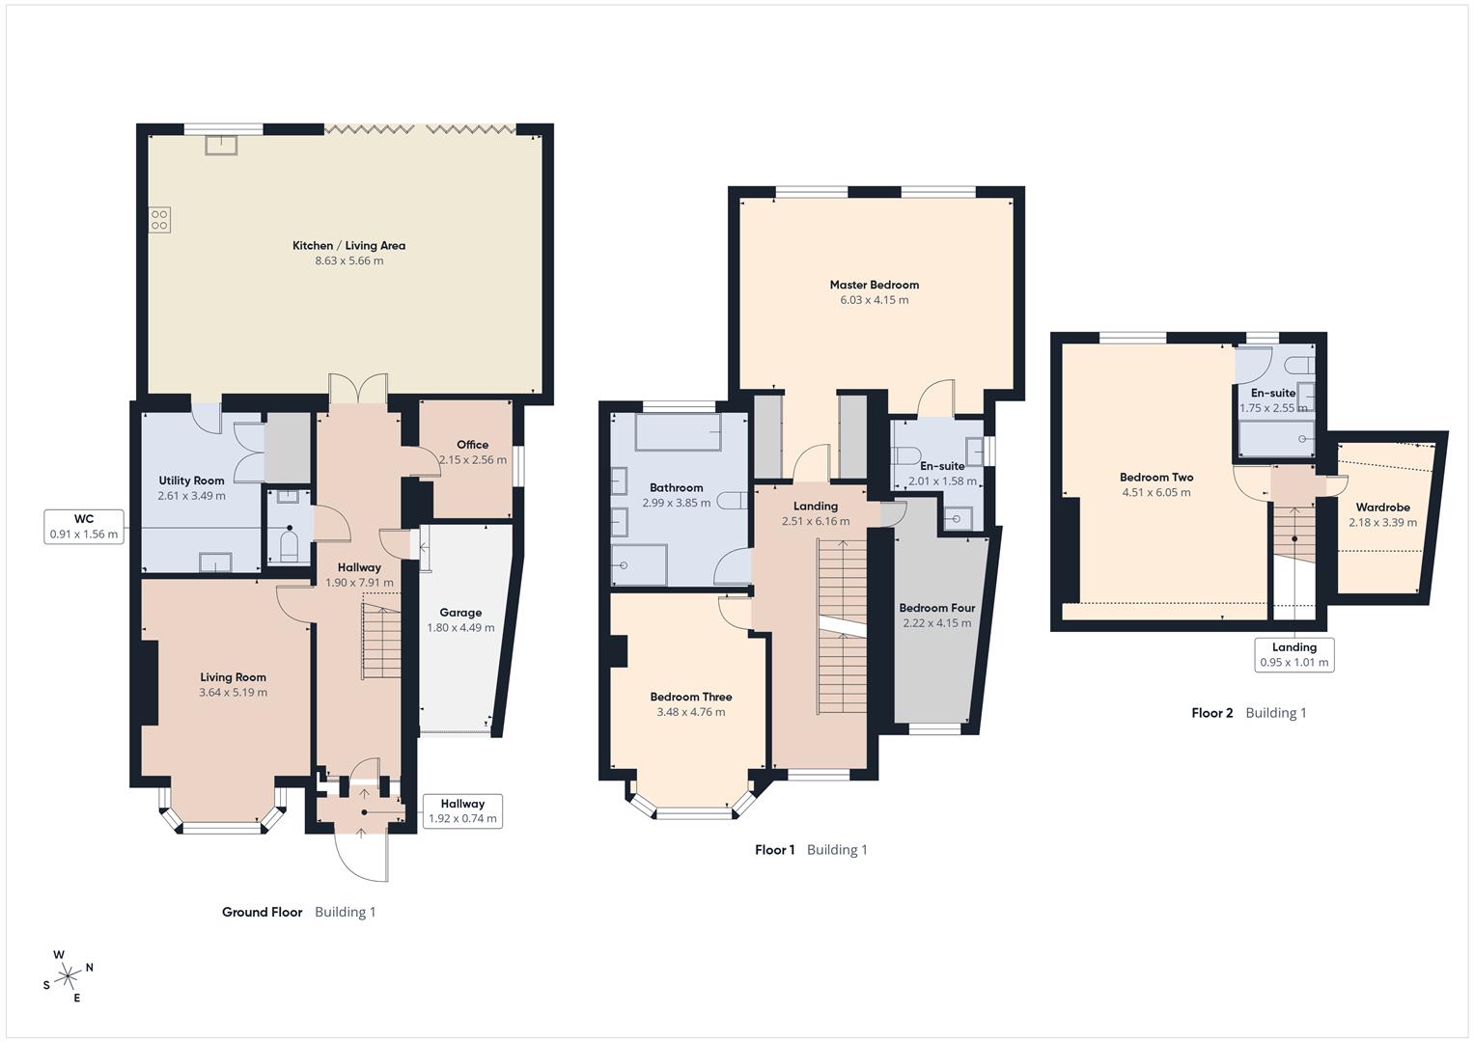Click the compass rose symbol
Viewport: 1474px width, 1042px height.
pos(68,976)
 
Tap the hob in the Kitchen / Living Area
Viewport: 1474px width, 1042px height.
pos(159,219)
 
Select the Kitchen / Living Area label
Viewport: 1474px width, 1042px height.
pos(348,246)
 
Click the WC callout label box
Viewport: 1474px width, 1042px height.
pos(84,527)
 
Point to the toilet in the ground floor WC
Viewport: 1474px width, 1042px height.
pos(289,546)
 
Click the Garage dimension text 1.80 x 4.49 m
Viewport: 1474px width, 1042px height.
pos(460,627)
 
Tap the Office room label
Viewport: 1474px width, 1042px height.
pos(472,445)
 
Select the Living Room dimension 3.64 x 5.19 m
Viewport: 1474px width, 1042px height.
pos(233,692)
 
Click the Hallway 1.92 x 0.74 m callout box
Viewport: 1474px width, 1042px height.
pos(462,811)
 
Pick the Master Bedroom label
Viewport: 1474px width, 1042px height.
pos(874,285)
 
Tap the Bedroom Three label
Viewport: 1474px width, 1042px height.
pos(690,697)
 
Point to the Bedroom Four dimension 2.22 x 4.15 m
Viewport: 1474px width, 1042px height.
pos(936,623)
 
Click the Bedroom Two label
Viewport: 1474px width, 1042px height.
pos(1155,477)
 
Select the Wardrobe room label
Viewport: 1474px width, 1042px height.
pos(1382,507)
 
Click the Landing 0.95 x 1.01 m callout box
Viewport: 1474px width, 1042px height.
pos(1293,655)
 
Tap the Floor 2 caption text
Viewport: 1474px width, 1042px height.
pos(1211,713)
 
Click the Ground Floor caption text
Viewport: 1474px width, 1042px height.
pos(262,912)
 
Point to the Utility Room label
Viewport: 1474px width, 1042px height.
pos(191,480)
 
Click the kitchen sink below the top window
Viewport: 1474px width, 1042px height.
pos(221,145)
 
